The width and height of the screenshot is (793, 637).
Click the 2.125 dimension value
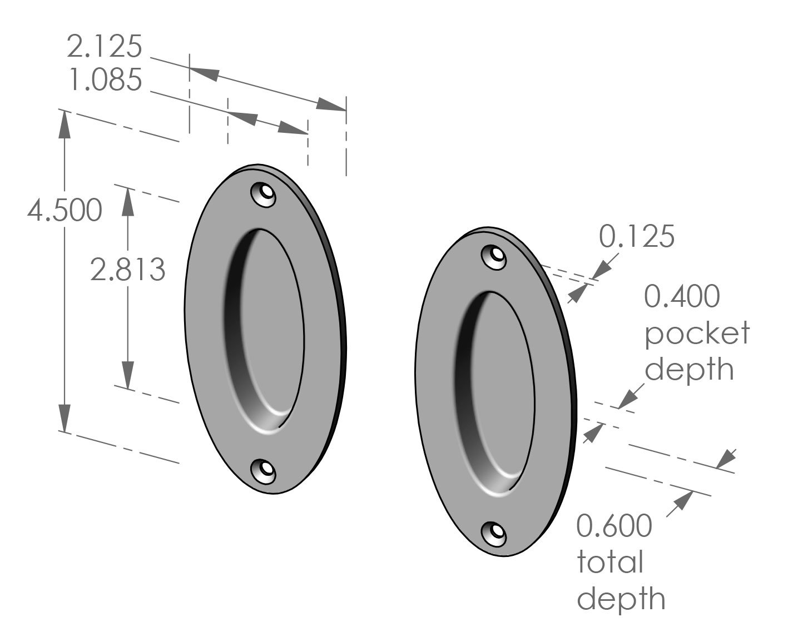tap(105, 47)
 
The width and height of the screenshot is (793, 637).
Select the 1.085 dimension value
tap(105, 81)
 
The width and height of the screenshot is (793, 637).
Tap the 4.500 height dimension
tap(65, 211)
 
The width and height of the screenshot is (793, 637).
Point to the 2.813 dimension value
tap(128, 270)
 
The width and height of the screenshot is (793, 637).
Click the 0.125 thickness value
tap(637, 236)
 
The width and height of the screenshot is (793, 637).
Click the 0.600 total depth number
tap(613, 526)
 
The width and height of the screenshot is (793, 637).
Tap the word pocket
tap(697, 333)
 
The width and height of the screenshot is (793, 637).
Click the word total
tap(610, 562)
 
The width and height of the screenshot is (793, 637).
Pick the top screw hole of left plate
tap(265, 195)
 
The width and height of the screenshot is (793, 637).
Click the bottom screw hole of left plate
tap(264, 471)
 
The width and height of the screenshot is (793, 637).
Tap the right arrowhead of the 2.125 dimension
tap(332, 106)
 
